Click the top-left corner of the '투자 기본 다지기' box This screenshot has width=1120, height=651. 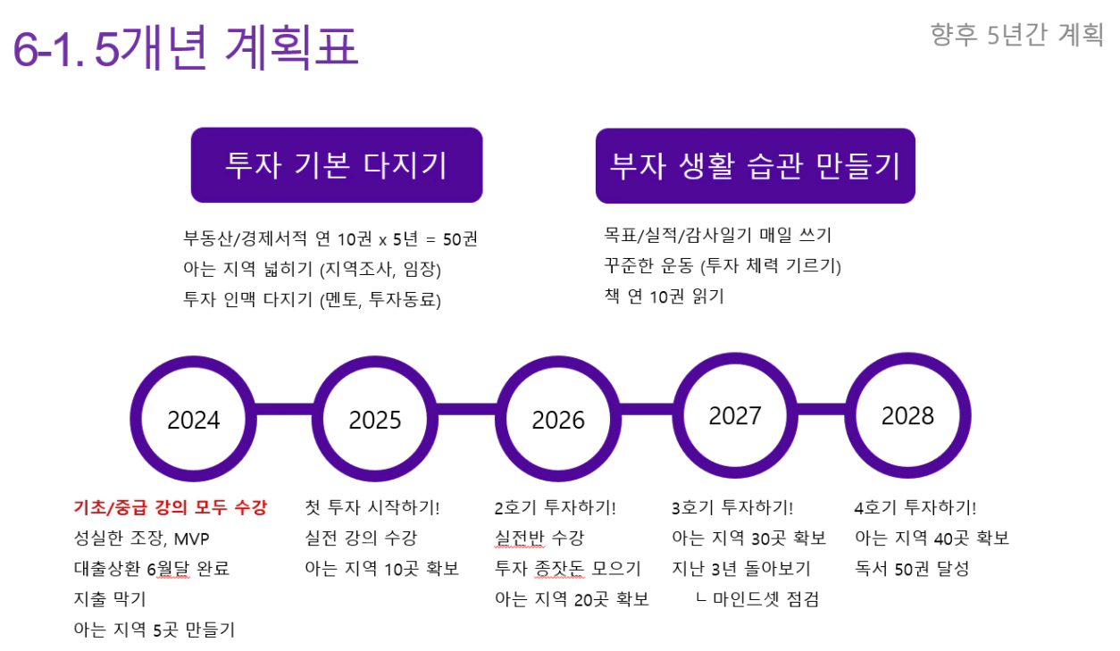[x=191, y=128]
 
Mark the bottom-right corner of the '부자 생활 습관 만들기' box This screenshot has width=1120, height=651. [x=915, y=203]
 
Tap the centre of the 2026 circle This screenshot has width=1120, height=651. [x=558, y=419]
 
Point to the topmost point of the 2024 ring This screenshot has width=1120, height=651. [x=193, y=356]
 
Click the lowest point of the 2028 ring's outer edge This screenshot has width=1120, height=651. [x=907, y=479]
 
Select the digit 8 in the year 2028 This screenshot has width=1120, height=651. [x=927, y=416]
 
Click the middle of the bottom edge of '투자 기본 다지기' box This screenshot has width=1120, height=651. [x=337, y=203]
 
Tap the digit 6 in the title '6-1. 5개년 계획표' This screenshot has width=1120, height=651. [x=26, y=50]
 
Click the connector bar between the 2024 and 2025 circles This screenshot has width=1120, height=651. [x=284, y=409]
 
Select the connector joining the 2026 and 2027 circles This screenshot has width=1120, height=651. [x=647, y=409]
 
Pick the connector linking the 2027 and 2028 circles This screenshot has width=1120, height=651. [x=821, y=409]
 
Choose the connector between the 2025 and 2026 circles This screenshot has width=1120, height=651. [x=466, y=409]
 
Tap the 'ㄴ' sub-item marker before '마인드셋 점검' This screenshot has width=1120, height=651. [x=701, y=597]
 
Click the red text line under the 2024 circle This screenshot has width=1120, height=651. [x=171, y=507]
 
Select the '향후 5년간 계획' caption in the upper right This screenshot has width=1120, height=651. [x=1017, y=35]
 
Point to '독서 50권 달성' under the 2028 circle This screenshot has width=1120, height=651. [x=912, y=569]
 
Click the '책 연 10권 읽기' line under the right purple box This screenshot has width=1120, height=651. [x=664, y=296]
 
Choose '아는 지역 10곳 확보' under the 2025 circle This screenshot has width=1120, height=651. [x=382, y=569]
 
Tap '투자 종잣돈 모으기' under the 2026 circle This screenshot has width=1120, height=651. [x=567, y=569]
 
